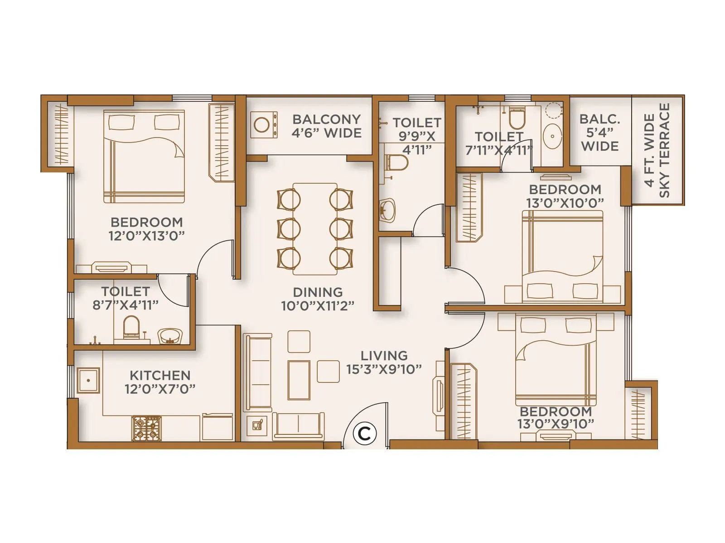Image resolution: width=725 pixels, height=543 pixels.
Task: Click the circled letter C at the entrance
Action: pos(365,433)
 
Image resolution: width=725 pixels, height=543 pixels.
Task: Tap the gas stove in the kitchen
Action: pos(146,429)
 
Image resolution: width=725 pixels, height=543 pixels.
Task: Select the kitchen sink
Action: pos(88,381)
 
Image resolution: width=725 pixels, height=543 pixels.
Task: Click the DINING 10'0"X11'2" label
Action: pos(318,299)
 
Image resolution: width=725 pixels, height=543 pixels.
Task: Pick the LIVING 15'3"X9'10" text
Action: pos(384,362)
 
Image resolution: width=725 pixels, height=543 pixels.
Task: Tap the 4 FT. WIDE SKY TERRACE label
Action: pos(657,150)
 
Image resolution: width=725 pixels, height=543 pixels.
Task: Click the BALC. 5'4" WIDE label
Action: pos(600,133)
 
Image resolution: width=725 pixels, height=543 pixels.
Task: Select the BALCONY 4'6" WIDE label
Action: pos(327,126)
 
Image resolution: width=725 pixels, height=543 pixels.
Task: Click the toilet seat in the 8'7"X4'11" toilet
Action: pos(131,327)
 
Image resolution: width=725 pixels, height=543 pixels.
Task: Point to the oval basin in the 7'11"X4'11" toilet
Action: pos(552,135)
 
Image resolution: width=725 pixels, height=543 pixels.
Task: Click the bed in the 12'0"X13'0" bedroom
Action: pos(144,156)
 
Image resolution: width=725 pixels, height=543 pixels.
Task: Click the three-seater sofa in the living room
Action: pos(257,372)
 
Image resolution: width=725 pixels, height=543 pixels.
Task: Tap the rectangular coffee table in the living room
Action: pos(299,380)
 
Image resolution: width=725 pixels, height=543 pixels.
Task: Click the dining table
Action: pos(315,229)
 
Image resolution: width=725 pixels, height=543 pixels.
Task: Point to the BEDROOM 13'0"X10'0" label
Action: pos(565,196)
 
